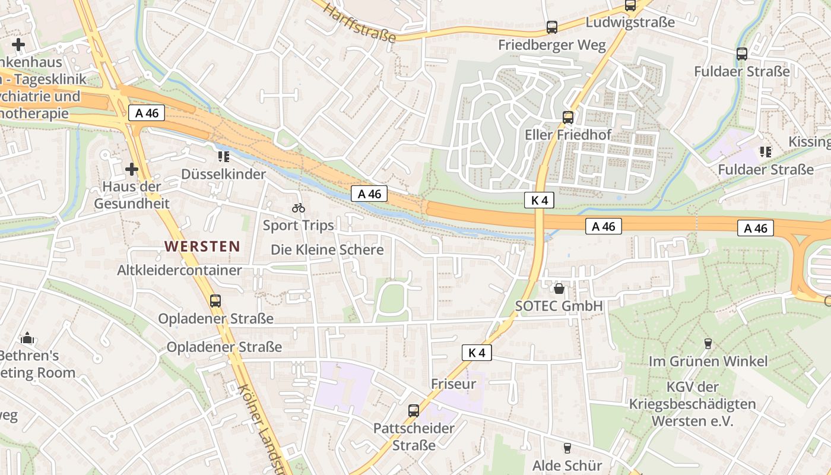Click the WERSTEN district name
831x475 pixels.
(202, 246)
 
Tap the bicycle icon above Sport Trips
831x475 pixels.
(299, 208)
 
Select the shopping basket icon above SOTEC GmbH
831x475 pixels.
(559, 289)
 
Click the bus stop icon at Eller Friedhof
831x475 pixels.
(568, 118)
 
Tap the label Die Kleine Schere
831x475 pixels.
(327, 249)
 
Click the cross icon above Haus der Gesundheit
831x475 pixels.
(132, 170)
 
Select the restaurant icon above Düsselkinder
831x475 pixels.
(223, 157)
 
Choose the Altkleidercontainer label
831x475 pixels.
(179, 270)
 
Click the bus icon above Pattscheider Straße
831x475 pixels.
(413, 411)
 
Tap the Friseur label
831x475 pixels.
(453, 384)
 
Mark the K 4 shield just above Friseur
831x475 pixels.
(477, 353)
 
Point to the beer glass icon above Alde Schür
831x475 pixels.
(567, 448)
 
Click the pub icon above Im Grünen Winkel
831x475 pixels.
(708, 344)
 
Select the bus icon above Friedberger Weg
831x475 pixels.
(552, 27)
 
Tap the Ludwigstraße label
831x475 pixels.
(630, 23)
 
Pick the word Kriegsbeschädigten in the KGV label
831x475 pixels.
(692, 404)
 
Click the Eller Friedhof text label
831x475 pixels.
(567, 135)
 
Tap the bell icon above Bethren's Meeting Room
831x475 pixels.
(27, 338)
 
